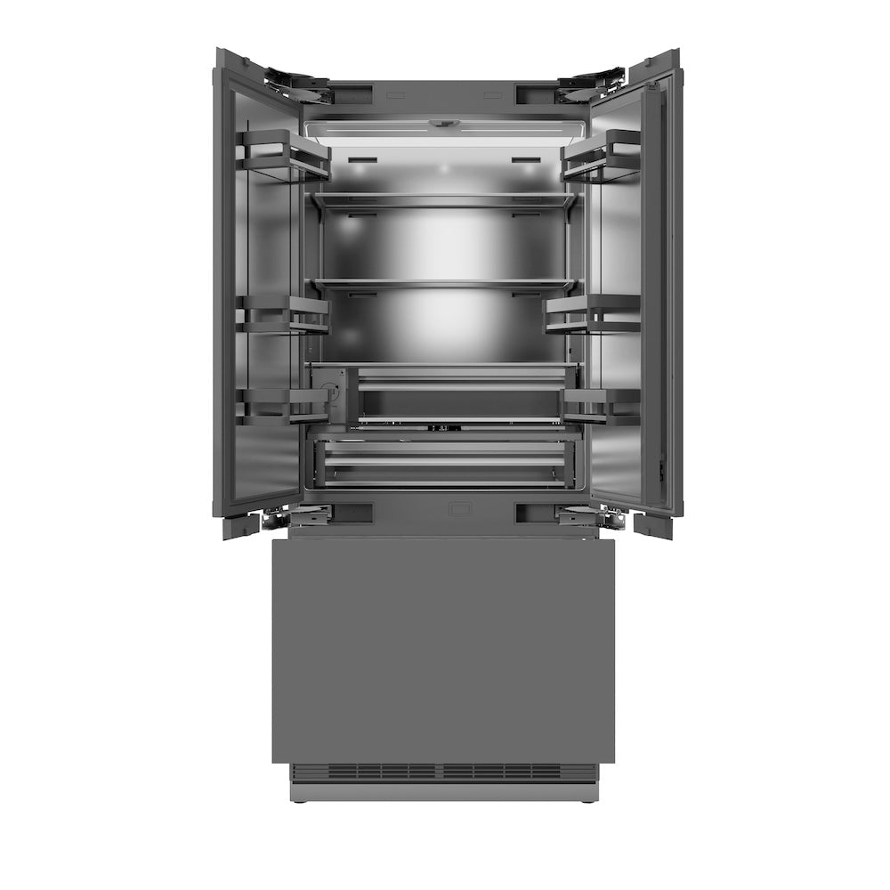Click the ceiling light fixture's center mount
tap(441, 125)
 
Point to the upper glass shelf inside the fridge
tap(442, 201)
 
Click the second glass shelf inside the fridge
tap(442, 284)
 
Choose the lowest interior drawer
tap(442, 462)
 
